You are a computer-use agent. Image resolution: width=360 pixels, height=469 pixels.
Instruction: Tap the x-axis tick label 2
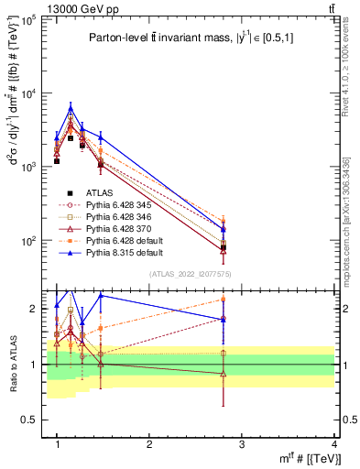pyautogui.click(x=149, y=444)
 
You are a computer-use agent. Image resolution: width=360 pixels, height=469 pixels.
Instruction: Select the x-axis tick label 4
pyautogui.click(x=334, y=444)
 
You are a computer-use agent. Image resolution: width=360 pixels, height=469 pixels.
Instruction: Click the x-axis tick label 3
pyautogui.click(x=242, y=444)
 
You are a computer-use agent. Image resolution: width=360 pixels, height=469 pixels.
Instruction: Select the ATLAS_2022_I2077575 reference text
pyautogui.click(x=191, y=275)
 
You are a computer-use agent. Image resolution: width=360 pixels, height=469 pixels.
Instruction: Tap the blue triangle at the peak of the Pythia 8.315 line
pyautogui.click(x=71, y=108)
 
